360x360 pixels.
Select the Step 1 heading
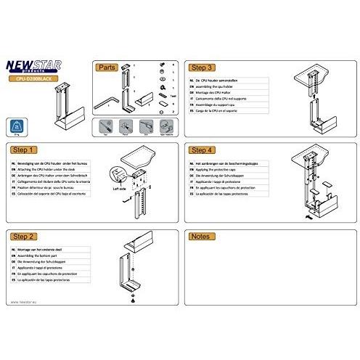pos(25,150)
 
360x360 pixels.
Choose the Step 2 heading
pos(25,237)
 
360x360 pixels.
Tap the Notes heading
pos(200,237)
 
